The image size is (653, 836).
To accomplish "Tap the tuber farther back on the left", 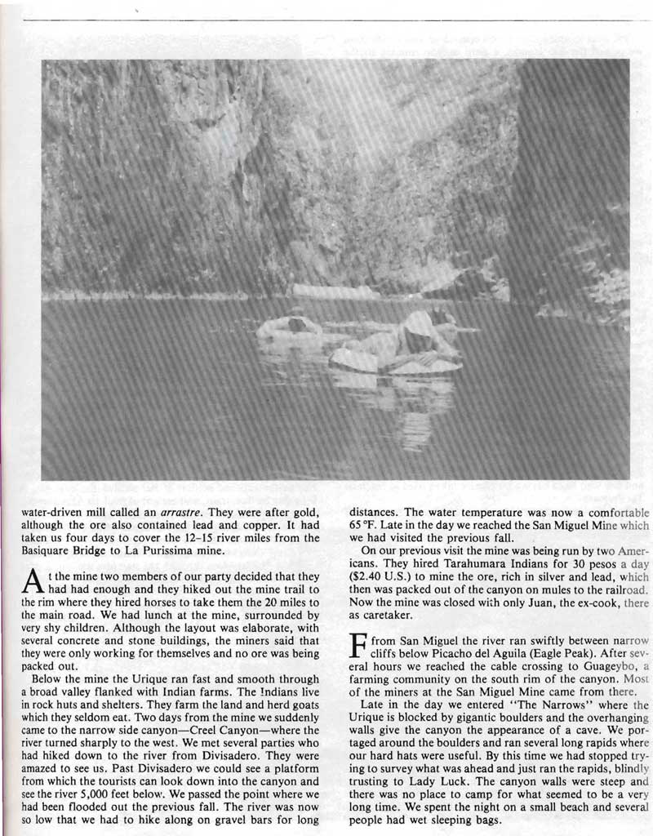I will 290,327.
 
